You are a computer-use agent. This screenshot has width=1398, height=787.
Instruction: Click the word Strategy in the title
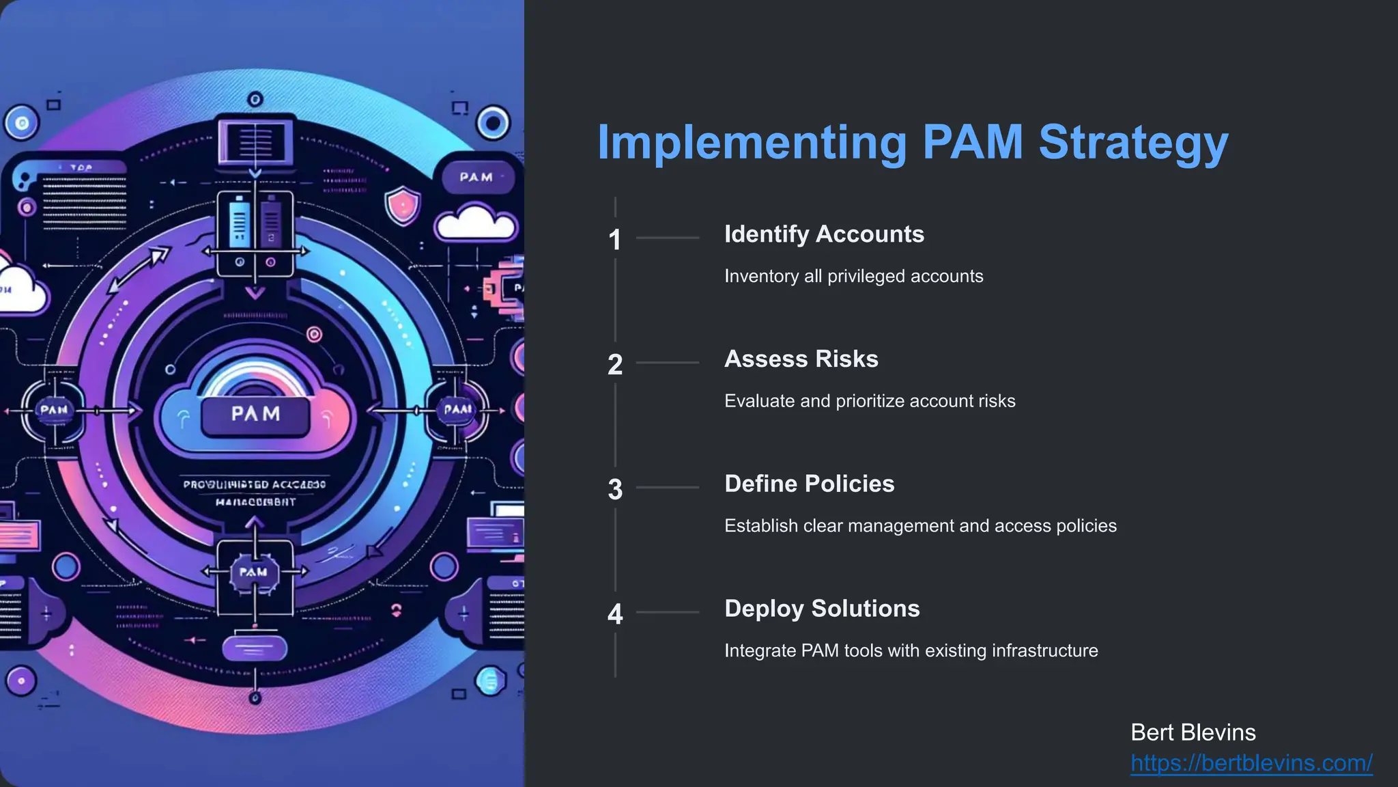pyautogui.click(x=1133, y=143)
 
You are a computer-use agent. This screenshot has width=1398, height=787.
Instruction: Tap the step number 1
pyautogui.click(x=615, y=240)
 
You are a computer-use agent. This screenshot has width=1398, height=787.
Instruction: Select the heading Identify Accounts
pyautogui.click(x=824, y=234)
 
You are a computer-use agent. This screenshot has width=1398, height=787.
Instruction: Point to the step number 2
pyautogui.click(x=615, y=365)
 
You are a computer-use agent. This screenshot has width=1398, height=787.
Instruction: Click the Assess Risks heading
pyautogui.click(x=801, y=359)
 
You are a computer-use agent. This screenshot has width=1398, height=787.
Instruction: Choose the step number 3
pyautogui.click(x=615, y=490)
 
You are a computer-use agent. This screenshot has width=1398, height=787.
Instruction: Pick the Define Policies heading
pyautogui.click(x=809, y=484)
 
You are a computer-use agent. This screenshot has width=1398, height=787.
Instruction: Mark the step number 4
pyautogui.click(x=615, y=614)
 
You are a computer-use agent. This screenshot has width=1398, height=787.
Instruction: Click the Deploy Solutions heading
pyautogui.click(x=822, y=609)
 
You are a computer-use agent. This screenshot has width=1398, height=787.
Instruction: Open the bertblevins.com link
pyautogui.click(x=1251, y=763)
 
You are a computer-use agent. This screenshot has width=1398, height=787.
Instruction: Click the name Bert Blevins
pyautogui.click(x=1193, y=732)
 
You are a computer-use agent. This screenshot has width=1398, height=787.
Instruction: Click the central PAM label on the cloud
pyautogui.click(x=255, y=414)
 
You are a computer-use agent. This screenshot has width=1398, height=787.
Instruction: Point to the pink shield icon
pyautogui.click(x=403, y=206)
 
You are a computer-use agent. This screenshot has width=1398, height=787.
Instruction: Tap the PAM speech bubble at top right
pyautogui.click(x=476, y=177)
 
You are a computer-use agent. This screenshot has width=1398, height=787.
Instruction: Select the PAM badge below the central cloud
pyautogui.click(x=253, y=572)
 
